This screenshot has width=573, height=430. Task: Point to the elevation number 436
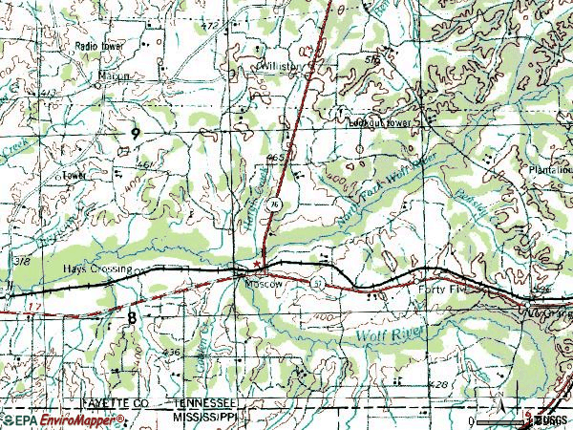pos(172,353)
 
